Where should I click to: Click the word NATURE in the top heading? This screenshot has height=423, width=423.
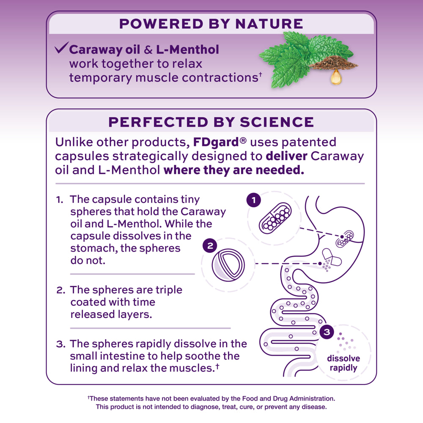(x=270, y=24)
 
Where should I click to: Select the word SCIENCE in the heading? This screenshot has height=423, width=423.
(x=277, y=122)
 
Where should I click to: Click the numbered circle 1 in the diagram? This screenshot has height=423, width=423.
(x=253, y=201)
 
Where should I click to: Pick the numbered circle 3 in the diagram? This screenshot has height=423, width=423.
(x=327, y=332)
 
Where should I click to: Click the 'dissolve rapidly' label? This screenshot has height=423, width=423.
(x=343, y=363)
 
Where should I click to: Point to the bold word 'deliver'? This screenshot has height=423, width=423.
(x=286, y=156)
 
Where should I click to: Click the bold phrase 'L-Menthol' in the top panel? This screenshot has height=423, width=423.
(x=187, y=49)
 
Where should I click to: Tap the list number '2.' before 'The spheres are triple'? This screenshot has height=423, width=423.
(x=60, y=290)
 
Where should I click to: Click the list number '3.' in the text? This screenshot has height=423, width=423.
(x=60, y=344)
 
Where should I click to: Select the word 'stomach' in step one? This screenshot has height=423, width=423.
(x=93, y=248)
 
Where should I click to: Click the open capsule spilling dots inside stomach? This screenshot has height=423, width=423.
(x=331, y=258)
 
